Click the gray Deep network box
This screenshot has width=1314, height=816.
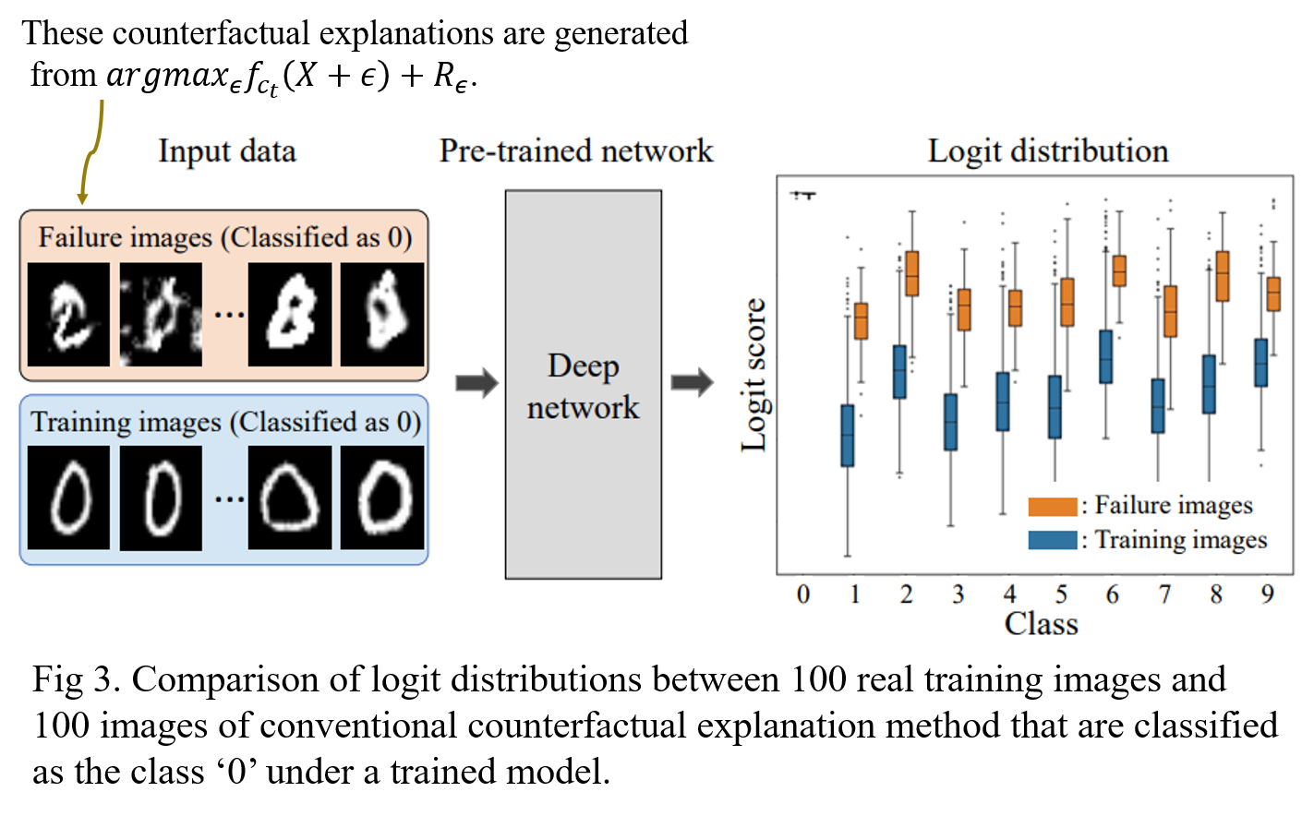[x=583, y=384]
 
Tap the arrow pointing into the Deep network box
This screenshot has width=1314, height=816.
[x=476, y=383]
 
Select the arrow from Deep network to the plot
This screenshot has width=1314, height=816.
[x=692, y=382]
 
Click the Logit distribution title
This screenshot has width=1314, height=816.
[x=1047, y=150]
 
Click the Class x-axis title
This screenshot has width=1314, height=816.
[x=1041, y=624]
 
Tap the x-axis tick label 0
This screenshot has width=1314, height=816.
[x=802, y=594]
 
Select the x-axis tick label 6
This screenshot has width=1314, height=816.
[x=1113, y=594]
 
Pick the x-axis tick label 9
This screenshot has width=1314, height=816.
[x=1267, y=594]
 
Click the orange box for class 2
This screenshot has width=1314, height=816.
[x=912, y=273]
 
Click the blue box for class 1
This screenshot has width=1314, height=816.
[x=847, y=435]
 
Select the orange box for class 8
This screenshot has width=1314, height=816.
[x=1223, y=275]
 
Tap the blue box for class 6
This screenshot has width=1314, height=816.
[x=1105, y=356]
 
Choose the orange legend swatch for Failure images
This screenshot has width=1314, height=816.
[x=1052, y=506]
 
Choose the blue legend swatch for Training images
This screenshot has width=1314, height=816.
[x=1052, y=540]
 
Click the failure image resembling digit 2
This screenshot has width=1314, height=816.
[x=68, y=314]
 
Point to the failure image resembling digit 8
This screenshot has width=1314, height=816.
[x=290, y=314]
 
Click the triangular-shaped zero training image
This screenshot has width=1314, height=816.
[x=290, y=498]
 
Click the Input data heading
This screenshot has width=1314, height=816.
[x=227, y=150]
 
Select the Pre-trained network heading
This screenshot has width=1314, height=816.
[x=576, y=150]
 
